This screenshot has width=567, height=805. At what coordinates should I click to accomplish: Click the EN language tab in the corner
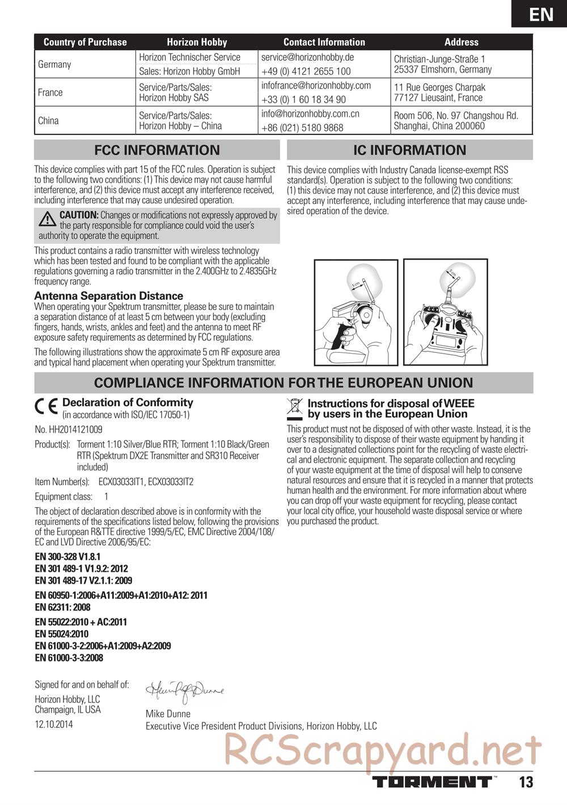[x=541, y=14]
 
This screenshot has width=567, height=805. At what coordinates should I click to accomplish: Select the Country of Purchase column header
[x=85, y=42]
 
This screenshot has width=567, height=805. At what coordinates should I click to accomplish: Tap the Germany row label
[x=54, y=64]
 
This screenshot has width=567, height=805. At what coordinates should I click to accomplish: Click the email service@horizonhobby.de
[x=307, y=57]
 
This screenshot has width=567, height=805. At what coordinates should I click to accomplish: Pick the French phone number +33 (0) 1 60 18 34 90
[x=303, y=100]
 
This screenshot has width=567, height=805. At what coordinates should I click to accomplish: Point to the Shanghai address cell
[x=456, y=121]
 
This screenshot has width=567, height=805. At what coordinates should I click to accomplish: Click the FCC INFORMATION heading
[x=157, y=150]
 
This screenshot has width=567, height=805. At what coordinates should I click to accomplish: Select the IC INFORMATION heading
[x=409, y=150]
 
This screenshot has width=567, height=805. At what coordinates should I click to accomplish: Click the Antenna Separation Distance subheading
[x=109, y=296]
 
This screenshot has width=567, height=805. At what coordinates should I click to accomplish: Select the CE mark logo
[x=46, y=406]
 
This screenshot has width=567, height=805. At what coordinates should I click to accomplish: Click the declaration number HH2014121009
[x=69, y=430]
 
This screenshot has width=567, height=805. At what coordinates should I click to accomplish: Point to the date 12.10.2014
[x=54, y=724]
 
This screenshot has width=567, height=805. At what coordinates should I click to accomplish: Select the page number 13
[x=526, y=782]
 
